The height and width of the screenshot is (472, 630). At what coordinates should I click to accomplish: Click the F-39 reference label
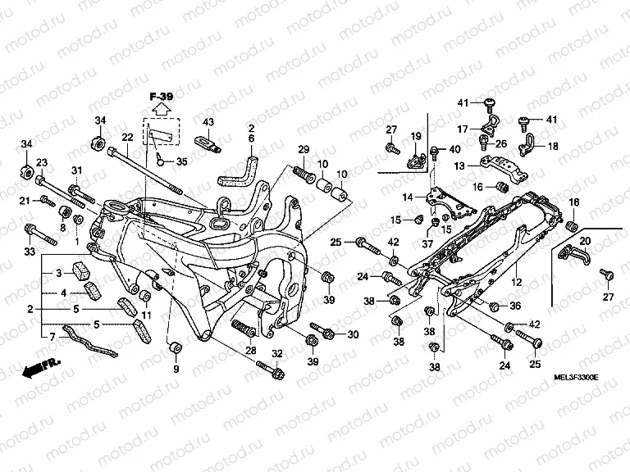click(161, 97)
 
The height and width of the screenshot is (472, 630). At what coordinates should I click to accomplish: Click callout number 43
click(208, 122)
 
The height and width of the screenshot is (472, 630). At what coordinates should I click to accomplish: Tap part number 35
click(181, 161)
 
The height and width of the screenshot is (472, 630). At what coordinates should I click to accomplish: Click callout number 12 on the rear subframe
click(517, 282)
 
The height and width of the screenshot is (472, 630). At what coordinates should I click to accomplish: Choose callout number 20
click(585, 241)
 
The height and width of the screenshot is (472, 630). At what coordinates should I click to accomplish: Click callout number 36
click(515, 306)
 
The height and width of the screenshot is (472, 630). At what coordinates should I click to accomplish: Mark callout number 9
click(175, 370)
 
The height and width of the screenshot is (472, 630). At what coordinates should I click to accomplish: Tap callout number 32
click(276, 353)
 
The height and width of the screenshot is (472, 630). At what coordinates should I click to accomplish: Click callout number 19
click(416, 136)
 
